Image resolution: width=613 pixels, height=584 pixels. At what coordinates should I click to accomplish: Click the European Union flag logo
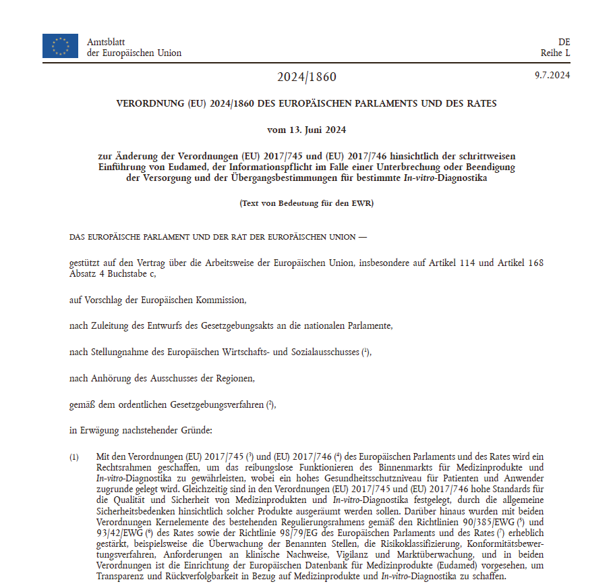pos(60,45)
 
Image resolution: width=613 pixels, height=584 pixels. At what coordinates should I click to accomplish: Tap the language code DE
pos(564,42)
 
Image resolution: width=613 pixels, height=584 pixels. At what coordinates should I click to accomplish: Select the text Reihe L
pos(555,53)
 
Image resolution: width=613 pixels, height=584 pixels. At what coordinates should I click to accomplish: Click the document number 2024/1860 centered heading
pos(306,77)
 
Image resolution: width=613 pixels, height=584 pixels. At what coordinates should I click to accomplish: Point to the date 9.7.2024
pos(552,75)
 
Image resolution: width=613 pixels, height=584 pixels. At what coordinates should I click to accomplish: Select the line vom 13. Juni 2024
pos(306,130)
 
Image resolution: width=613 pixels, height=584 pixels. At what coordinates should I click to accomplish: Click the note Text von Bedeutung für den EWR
pos(306,203)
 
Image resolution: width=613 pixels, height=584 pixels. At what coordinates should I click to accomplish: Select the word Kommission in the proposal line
pos(221,299)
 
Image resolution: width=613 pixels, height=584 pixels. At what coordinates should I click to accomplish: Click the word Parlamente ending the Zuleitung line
pos(368,326)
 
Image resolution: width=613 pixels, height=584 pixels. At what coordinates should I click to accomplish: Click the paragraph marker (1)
pos(75,457)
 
